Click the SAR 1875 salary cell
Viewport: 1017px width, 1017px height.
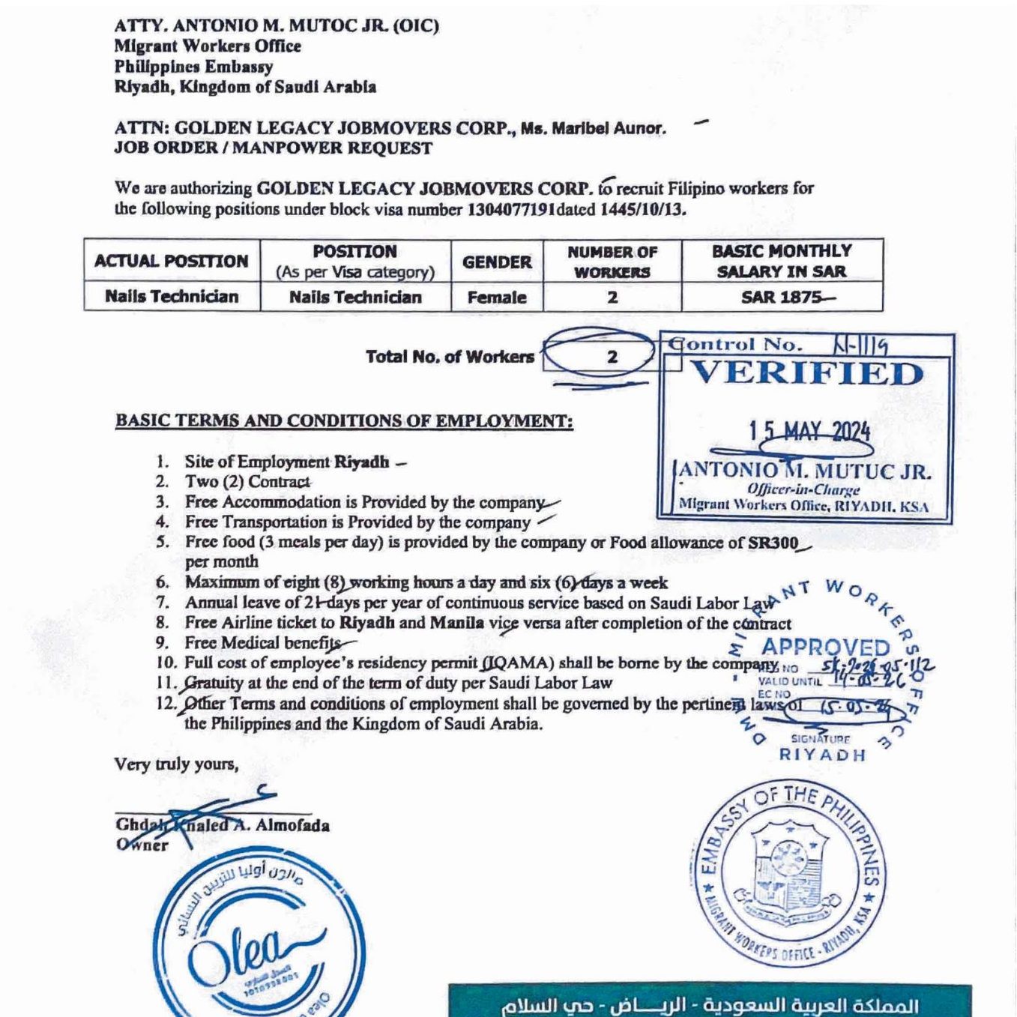tap(782, 297)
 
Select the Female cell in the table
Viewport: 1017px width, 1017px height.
tap(497, 298)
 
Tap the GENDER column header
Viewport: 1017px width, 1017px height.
tap(497, 262)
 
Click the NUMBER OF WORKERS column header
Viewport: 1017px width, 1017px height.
tap(612, 262)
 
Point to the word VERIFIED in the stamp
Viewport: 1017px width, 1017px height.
tap(806, 373)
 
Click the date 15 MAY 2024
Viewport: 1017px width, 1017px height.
tap(809, 431)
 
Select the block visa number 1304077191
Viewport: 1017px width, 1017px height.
tap(511, 209)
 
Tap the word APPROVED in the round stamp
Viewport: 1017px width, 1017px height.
tap(826, 647)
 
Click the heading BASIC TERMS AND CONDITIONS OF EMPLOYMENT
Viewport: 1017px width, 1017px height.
tap(344, 420)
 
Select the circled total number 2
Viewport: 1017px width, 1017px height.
tap(612, 357)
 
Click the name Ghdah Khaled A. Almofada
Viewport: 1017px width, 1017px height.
tap(222, 825)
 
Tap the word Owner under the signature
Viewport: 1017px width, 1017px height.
tap(142, 845)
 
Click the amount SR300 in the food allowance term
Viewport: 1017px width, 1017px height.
tap(773, 543)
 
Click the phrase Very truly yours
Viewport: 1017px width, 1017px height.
tap(176, 764)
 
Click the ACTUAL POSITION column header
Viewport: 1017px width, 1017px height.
tap(172, 261)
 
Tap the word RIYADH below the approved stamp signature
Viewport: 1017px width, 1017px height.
tap(822, 755)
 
